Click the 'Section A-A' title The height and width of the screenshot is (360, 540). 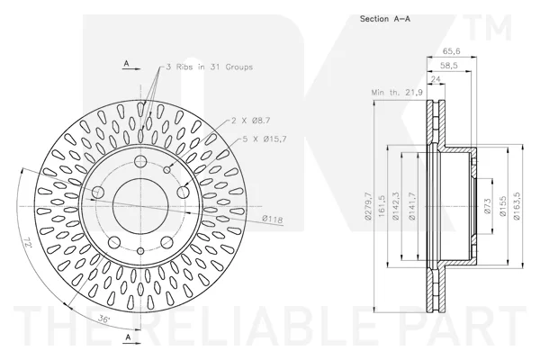pos(385,19)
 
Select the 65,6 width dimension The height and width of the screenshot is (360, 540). pos(451,51)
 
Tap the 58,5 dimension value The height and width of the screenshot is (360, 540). pos(449,66)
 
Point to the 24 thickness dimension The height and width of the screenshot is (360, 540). pos(436,79)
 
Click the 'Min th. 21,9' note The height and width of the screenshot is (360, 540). pos(397,93)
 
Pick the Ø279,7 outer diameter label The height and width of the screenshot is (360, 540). pos(368,206)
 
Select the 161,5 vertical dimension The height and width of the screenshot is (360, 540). pos(382,206)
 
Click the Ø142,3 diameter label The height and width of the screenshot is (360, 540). pos(396,206)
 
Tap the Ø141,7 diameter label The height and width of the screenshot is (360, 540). pos(412,206)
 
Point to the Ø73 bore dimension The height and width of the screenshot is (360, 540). pos(487,206)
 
